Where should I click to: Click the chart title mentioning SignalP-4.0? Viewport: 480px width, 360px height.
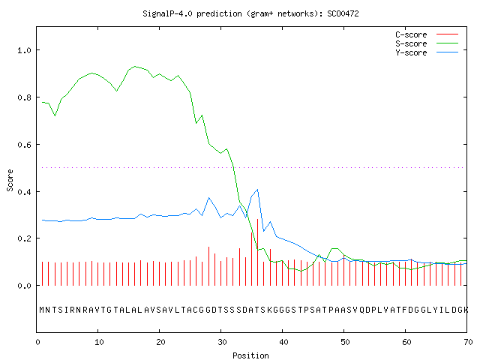tap(250, 13)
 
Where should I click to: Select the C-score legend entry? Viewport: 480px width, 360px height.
tap(427, 34)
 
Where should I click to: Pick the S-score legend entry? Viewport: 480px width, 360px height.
tap(427, 43)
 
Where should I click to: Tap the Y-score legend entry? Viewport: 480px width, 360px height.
tap(427, 52)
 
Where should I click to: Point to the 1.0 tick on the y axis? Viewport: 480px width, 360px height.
tap(25, 50)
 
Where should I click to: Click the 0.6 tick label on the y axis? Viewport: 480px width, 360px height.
tap(25, 145)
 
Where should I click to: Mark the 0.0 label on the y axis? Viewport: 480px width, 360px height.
tap(25, 286)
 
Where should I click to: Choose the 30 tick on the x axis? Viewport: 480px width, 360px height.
tap(222, 342)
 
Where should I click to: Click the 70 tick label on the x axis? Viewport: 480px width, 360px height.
tap(468, 342)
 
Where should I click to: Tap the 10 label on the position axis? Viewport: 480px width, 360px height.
tap(99, 342)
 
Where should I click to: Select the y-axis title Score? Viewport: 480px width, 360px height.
tap(10, 180)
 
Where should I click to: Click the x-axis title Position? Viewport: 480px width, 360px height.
tap(250, 355)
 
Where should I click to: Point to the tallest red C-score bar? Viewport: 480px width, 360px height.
tap(258, 252)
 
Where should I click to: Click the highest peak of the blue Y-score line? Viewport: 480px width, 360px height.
tap(258, 190)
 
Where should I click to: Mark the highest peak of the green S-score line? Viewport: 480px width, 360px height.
tap(135, 66)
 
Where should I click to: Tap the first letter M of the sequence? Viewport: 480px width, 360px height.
tap(42, 310)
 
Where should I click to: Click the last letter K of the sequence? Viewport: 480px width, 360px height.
tap(466, 310)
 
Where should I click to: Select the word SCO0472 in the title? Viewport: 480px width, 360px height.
tap(343, 13)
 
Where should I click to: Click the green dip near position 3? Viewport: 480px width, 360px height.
tap(55, 115)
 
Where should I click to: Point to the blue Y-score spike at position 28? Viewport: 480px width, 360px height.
tap(208, 198)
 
